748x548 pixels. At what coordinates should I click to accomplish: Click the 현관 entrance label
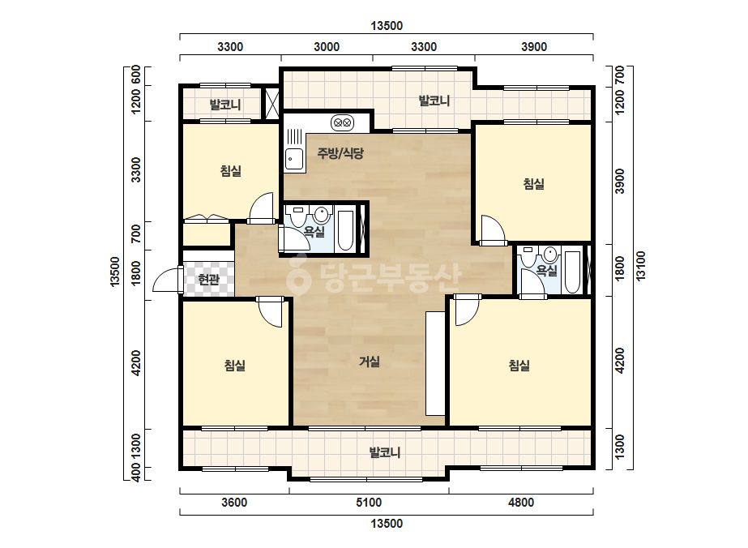[208, 279]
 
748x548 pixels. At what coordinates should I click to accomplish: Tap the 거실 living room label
[370, 362]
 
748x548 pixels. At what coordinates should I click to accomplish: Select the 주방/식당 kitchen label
[340, 153]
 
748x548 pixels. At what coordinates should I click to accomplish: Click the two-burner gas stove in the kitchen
[343, 123]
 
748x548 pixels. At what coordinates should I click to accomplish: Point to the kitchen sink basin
[294, 159]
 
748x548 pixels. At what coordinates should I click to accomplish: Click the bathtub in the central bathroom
[344, 230]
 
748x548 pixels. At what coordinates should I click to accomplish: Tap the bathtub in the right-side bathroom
[572, 272]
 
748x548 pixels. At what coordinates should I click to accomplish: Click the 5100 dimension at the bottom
[369, 502]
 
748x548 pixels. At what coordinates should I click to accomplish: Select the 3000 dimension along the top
[327, 47]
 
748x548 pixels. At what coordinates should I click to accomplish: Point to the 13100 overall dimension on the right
[641, 266]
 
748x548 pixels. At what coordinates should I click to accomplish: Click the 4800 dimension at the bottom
[521, 502]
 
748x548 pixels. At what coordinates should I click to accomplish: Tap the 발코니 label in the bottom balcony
[384, 452]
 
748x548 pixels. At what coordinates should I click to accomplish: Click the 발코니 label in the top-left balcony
[225, 105]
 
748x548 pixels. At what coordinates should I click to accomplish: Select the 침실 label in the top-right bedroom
[534, 184]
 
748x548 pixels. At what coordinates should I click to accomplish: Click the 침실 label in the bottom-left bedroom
[235, 366]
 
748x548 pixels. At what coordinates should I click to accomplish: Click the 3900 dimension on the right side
[619, 181]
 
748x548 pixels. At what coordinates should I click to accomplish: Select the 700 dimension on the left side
[136, 233]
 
